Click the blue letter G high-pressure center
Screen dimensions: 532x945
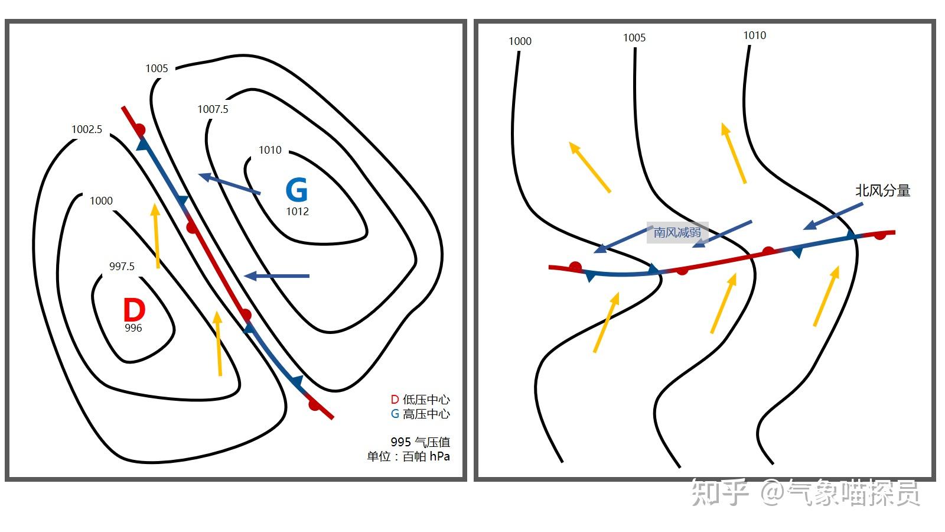click(x=296, y=190)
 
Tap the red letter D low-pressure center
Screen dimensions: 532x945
click(x=134, y=309)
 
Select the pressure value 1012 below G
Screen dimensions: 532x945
click(x=297, y=212)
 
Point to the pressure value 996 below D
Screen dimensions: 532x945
click(x=133, y=328)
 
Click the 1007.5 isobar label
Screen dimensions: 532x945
click(x=213, y=109)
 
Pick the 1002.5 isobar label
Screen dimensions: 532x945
click(x=87, y=129)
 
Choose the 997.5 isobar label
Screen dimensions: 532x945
click(x=122, y=267)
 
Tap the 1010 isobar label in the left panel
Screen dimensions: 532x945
click(x=270, y=150)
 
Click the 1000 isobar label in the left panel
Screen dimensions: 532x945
click(x=101, y=201)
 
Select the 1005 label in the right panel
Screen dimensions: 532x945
click(x=634, y=38)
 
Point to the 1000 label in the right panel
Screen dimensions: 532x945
click(x=520, y=41)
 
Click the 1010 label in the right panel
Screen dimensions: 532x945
click(x=754, y=35)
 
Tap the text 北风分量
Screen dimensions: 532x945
click(x=882, y=191)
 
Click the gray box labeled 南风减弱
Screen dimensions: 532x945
click(x=677, y=232)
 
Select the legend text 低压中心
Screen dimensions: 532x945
click(x=426, y=400)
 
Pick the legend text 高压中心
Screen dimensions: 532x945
click(x=426, y=414)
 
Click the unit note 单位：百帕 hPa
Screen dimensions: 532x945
click(x=408, y=456)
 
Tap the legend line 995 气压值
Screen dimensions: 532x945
click(x=420, y=442)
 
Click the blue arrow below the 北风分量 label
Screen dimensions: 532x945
click(x=833, y=216)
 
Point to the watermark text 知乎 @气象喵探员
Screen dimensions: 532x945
click(x=805, y=493)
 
